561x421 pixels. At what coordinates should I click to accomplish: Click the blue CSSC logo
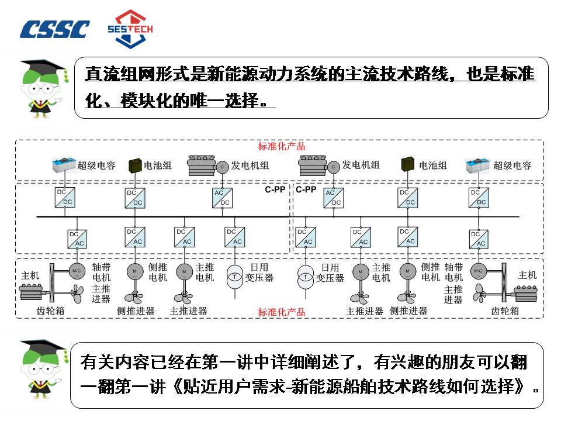pos(55,29)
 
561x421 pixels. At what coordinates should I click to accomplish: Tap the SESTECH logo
pos(130,27)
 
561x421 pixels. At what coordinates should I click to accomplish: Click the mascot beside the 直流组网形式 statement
pos(41,88)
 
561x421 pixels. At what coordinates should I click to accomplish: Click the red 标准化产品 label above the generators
pos(282,146)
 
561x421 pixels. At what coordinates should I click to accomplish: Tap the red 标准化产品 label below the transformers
pos(282,312)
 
